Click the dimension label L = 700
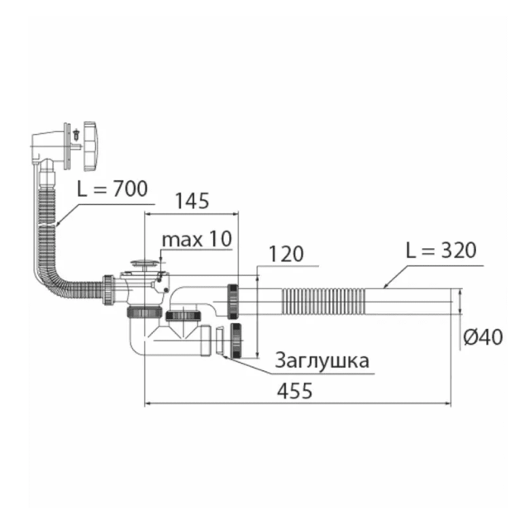tap(112, 189)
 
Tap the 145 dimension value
tap(193, 201)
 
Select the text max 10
tap(197, 239)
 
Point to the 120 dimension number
tap(286, 254)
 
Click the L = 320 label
tap(441, 250)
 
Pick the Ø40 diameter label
tap(483, 337)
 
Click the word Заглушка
tap(322, 360)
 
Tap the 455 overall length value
tap(294, 391)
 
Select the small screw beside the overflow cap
tap(76, 134)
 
